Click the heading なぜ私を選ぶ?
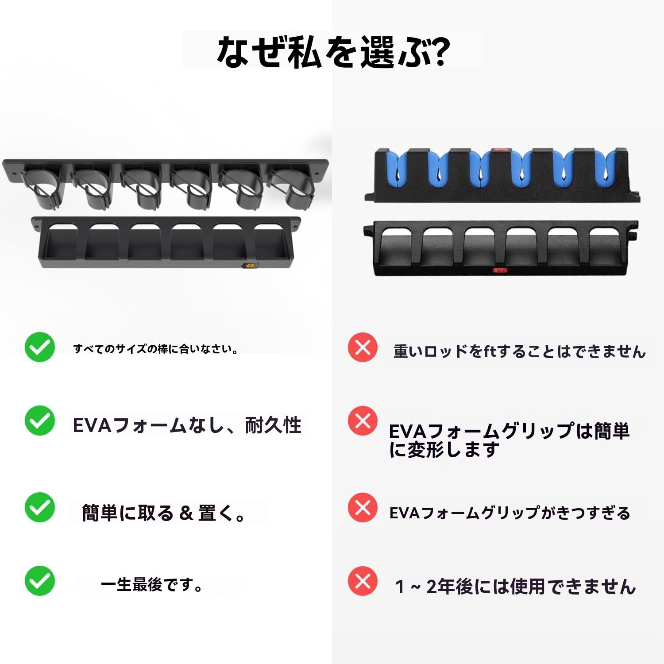[333, 52]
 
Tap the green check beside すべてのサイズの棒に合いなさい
[40, 347]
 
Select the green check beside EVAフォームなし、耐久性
[40, 421]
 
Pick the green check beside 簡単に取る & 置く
[40, 507]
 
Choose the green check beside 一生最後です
[40, 581]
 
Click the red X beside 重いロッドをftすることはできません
[363, 347]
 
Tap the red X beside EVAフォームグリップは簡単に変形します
[363, 421]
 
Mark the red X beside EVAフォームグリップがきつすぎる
[363, 507]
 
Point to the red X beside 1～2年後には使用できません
[363, 581]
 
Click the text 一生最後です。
[152, 585]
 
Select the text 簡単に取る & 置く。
[163, 513]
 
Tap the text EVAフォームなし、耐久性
[187, 425]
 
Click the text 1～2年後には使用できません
[515, 587]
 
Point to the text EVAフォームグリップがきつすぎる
[510, 513]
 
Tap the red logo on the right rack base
[500, 270]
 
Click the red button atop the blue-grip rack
[501, 150]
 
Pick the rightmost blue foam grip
[606, 169]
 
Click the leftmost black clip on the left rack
[42, 187]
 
